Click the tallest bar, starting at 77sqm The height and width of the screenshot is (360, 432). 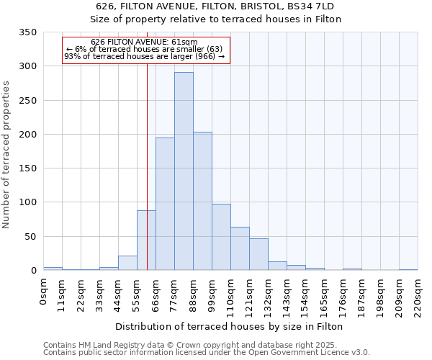coord(184,171)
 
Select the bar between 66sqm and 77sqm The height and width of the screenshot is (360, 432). coord(165,204)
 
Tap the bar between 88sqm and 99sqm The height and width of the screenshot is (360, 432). coord(202,201)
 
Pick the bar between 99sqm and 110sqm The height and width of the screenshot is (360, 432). coord(221,237)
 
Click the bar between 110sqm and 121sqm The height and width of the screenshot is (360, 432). coord(240,248)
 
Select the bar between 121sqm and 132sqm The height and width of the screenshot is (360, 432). coord(258,254)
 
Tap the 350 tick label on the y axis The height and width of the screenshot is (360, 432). coord(27,32)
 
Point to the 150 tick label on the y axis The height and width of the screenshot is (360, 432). coord(27,168)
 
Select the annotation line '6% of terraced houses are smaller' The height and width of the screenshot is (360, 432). coord(145,49)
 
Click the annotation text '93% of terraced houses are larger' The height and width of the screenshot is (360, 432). coord(145,56)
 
